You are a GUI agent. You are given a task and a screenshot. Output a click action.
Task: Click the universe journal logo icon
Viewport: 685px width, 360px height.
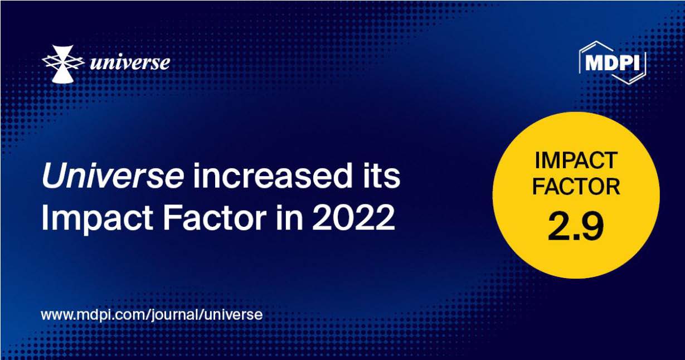coord(62,64)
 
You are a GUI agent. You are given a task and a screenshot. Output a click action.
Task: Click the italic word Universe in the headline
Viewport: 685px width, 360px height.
coord(112,176)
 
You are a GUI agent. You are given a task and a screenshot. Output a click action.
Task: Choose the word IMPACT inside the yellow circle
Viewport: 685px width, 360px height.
coord(576,161)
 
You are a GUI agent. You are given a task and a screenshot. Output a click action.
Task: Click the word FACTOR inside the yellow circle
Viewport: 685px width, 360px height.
coord(576,187)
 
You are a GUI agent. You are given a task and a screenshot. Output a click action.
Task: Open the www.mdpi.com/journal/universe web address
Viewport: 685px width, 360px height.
coord(152,314)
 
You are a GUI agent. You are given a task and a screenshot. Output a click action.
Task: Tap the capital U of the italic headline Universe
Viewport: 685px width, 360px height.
coord(52,176)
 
